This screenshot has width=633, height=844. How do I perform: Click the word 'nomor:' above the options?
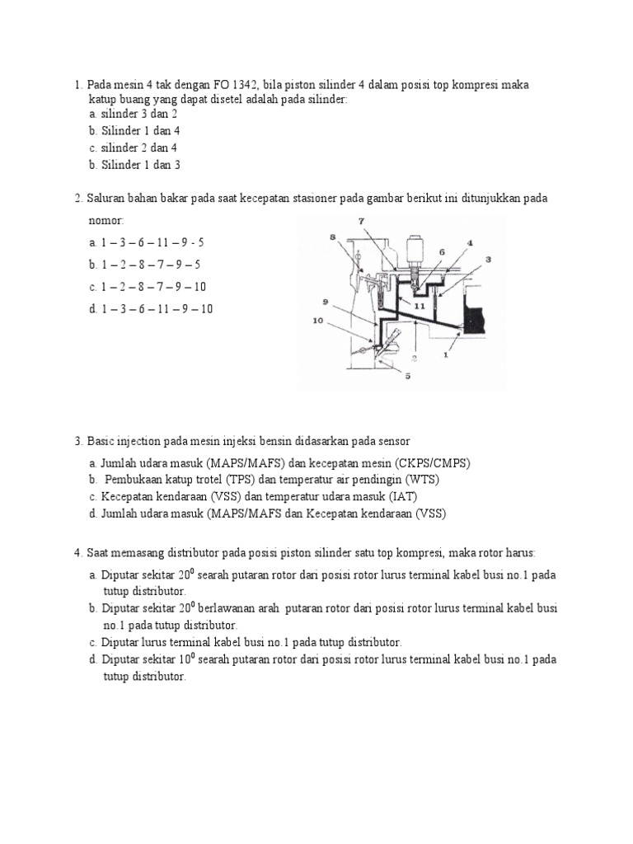106,221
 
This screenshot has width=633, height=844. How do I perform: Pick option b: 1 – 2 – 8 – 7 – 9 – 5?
145,265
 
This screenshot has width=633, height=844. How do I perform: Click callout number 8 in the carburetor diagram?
334,237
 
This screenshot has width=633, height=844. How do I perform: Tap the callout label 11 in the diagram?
420,304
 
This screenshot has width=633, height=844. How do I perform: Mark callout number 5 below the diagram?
407,377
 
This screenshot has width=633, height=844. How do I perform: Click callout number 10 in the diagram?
317,321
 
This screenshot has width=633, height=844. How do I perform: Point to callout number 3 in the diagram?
488,259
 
